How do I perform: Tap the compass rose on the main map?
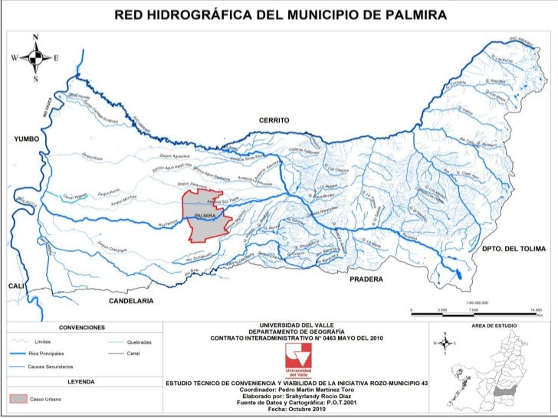pos(35,57)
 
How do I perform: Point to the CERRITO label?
pos(274,121)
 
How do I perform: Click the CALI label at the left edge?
pos(18,285)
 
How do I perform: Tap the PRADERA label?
pos(366,279)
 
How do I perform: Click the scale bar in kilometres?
pos(476,309)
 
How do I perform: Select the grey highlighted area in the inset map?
pos(503,390)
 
